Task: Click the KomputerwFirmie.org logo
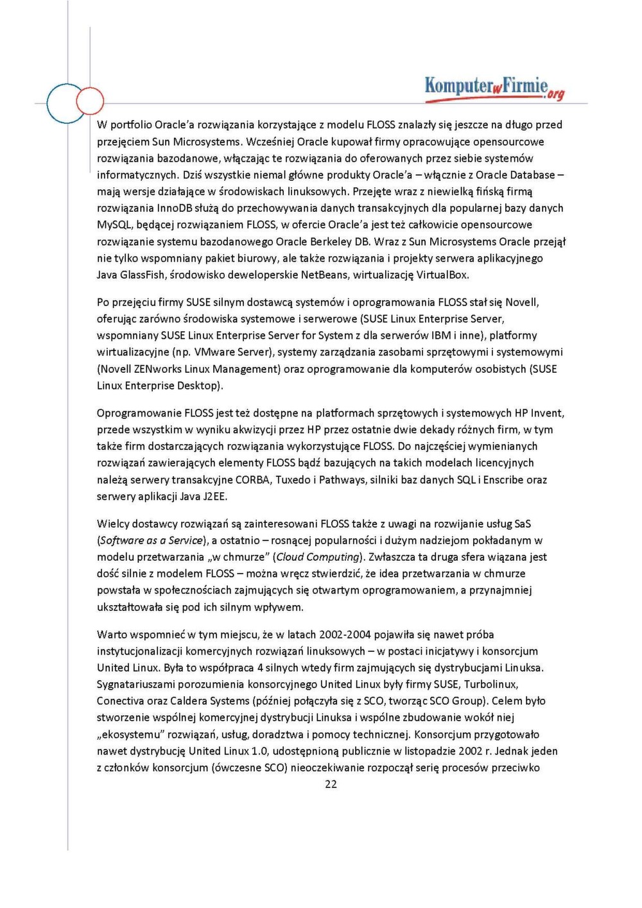[x=494, y=88]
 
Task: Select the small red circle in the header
[x=90, y=101]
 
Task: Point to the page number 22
[x=331, y=784]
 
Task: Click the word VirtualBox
[x=442, y=275]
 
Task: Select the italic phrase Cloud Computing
[x=317, y=557]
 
